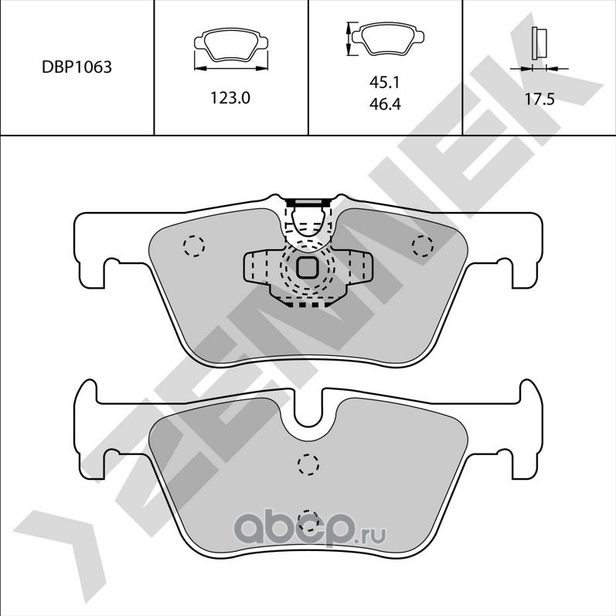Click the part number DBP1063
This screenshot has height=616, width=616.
pos(77,67)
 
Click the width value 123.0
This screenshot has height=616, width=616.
pos(232,98)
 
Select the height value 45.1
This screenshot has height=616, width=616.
pos(384,81)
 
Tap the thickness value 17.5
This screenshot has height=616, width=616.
pos(539,98)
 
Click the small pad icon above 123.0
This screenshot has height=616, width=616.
pos(232,49)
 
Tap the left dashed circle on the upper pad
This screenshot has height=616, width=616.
pos(193,246)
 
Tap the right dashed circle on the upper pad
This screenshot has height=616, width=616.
pos(422,246)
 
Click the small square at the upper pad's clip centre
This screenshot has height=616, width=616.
pos(307,269)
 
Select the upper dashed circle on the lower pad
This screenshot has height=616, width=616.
pos(308,464)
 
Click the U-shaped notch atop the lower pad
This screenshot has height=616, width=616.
pos(308,408)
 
